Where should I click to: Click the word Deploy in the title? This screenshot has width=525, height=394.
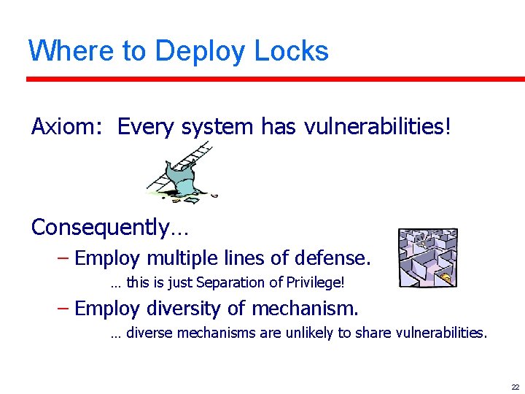(201, 52)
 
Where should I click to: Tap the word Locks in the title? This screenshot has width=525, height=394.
(292, 50)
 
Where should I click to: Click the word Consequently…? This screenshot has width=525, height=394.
(110, 228)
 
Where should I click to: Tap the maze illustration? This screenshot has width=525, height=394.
(428, 258)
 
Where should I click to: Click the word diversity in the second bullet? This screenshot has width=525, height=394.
(182, 309)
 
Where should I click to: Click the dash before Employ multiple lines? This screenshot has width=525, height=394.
(63, 258)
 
